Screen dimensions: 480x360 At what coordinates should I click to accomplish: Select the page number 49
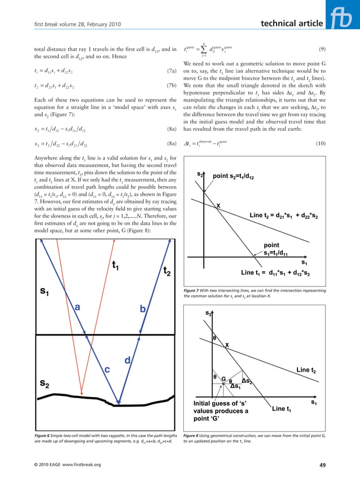[321, 464]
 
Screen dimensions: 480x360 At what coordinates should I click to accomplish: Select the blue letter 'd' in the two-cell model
[128, 360]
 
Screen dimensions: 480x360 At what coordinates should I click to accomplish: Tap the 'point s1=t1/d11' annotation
[282, 249]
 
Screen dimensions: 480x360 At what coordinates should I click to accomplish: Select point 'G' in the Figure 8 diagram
[223, 379]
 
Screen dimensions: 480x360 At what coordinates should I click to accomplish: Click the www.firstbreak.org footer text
[76, 464]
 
